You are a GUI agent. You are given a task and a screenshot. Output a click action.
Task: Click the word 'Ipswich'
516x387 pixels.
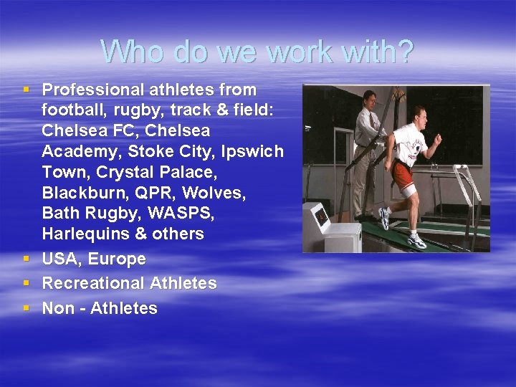[x=252, y=152]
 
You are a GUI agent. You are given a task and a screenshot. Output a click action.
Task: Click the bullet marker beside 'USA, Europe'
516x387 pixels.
[x=26, y=258]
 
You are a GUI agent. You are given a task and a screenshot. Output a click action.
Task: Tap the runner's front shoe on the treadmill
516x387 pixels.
[x=416, y=241]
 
